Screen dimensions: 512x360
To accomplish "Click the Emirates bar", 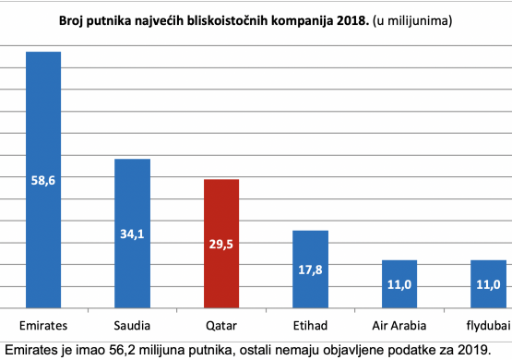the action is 43,180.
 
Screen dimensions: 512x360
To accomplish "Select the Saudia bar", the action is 132,234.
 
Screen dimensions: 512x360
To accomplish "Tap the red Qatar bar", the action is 221,244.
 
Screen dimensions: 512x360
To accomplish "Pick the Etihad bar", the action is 310,270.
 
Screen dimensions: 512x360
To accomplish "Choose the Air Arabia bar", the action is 399,284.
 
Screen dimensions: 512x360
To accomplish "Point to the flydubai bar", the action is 489,284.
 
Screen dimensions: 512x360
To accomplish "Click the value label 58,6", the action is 43,181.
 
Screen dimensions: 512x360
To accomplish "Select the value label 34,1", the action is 132,234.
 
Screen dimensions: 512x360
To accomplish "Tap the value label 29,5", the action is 221,245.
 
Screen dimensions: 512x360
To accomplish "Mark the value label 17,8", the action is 310,270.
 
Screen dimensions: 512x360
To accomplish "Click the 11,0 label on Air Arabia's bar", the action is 399,285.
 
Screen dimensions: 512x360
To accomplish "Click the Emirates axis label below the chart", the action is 43,326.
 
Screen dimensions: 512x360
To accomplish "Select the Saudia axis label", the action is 132,326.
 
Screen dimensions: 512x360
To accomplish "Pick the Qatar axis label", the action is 221,326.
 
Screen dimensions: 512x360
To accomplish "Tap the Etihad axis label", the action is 310,326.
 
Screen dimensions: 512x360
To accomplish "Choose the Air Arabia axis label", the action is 399,326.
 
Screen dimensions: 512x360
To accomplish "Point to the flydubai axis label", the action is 489,326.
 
